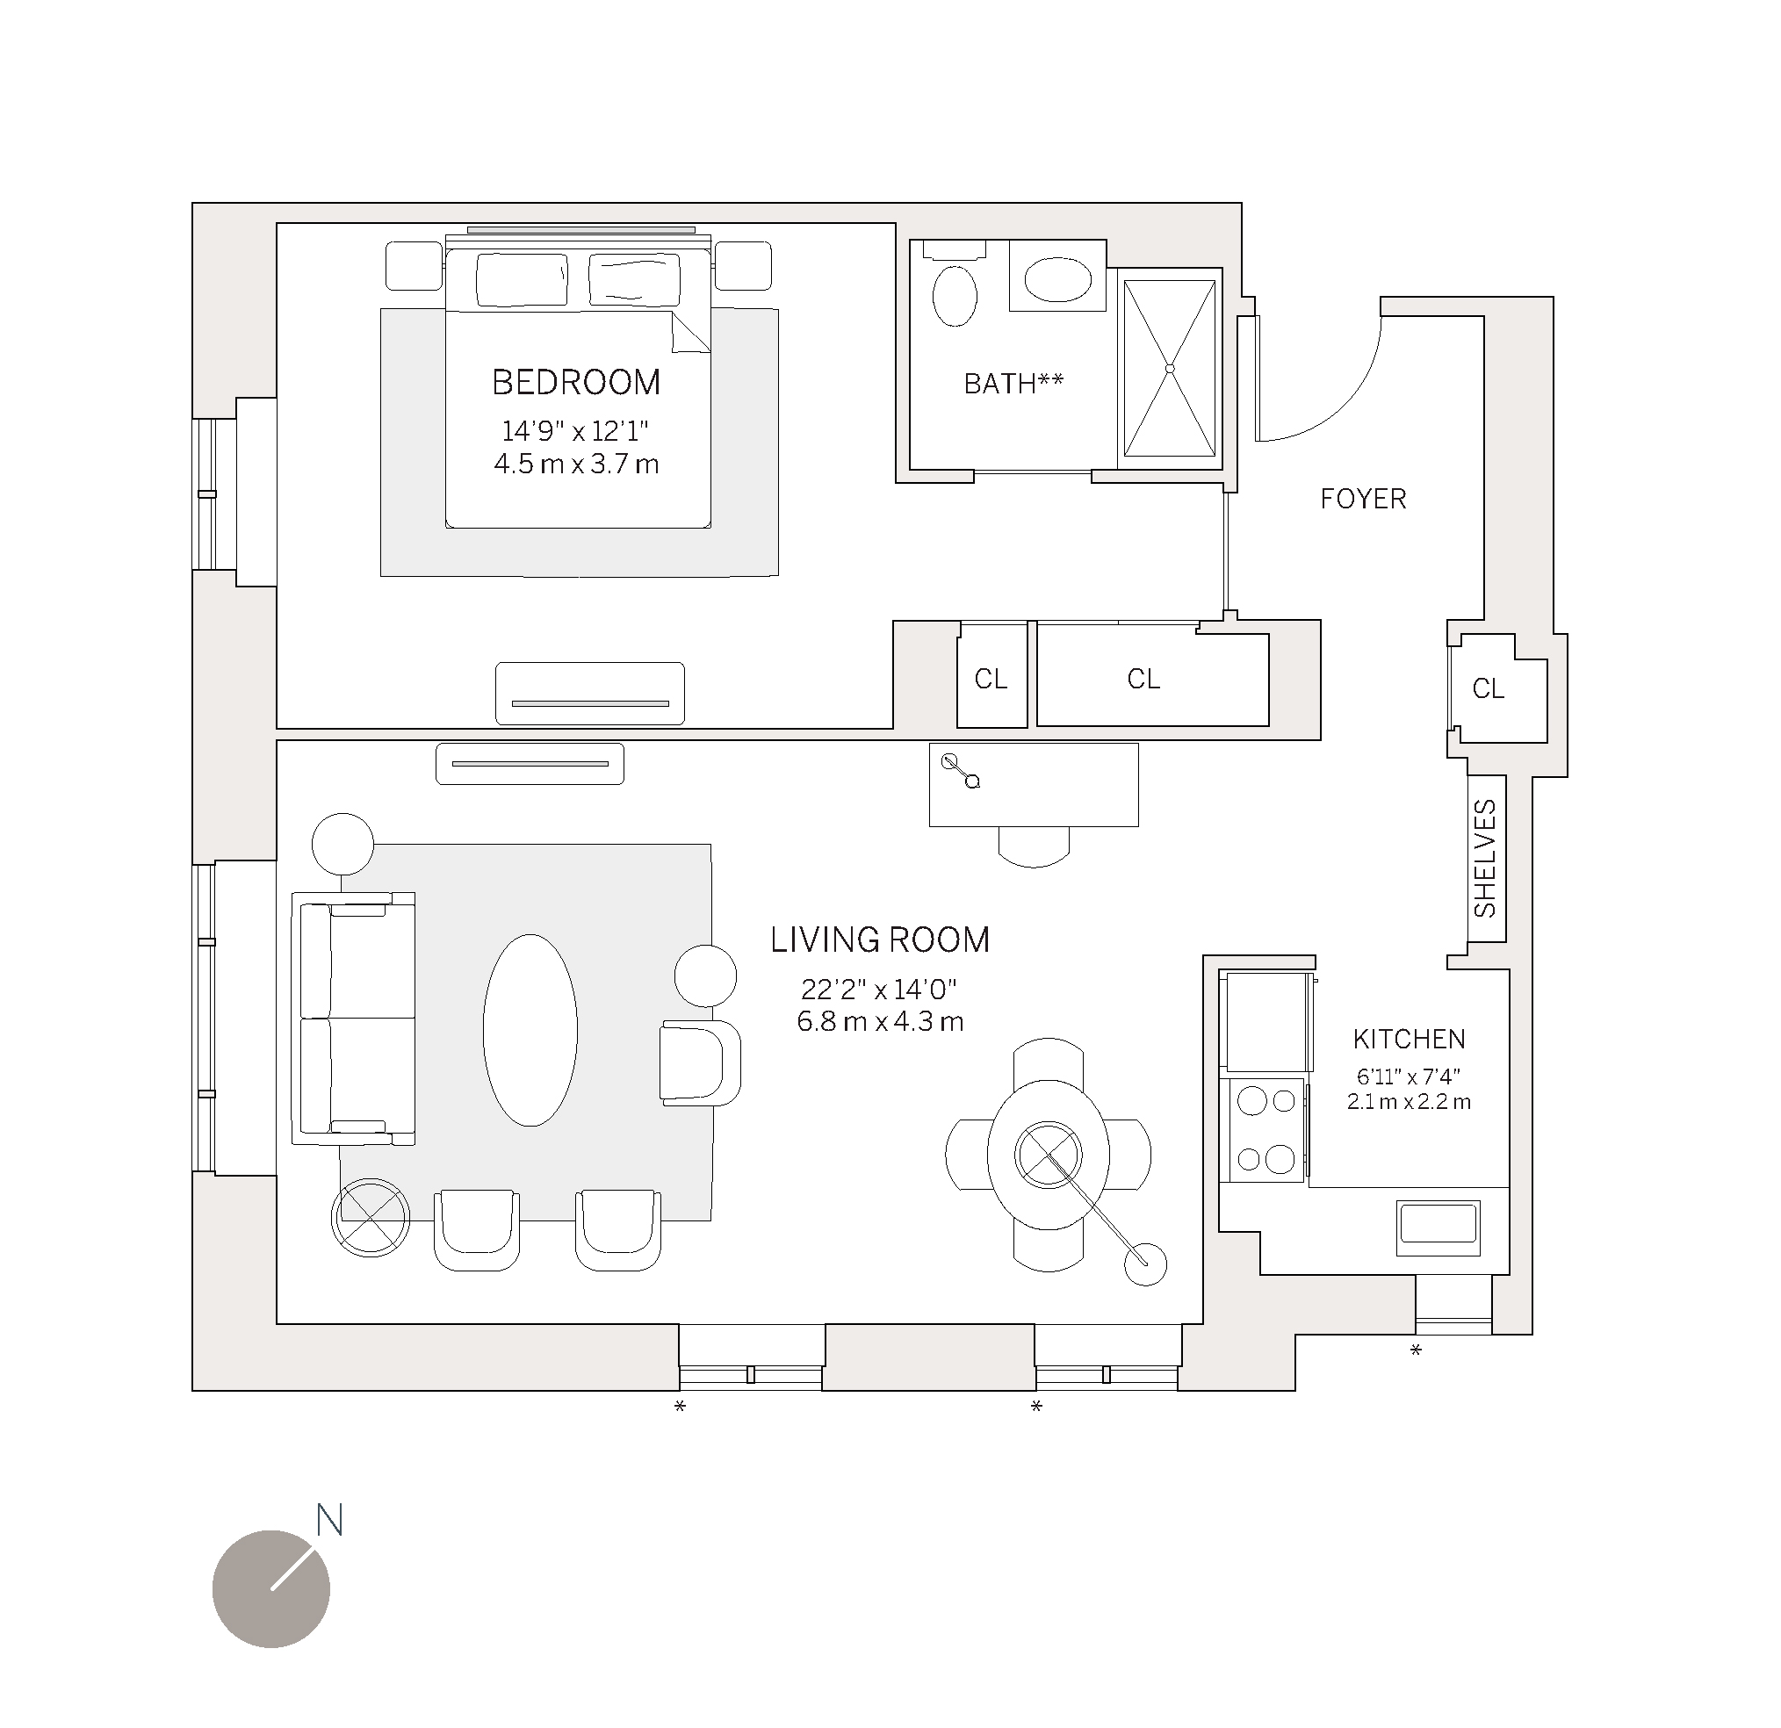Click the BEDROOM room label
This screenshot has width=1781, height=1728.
[576, 383]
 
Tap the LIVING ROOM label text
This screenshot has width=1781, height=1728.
[880, 940]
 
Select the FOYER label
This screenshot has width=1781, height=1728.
[1362, 499]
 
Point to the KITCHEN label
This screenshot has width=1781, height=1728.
[1409, 1039]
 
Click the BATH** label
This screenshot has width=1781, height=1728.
[1013, 385]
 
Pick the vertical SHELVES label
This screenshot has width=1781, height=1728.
[1485, 859]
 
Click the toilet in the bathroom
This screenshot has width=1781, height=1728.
[954, 294]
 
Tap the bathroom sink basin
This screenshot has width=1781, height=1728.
[1057, 280]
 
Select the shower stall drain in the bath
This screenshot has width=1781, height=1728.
[1170, 369]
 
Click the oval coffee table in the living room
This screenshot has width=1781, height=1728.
[530, 1030]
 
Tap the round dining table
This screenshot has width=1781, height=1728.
[1048, 1156]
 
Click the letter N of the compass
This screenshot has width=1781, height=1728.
[329, 1520]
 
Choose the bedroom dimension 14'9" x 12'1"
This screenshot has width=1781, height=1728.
[575, 430]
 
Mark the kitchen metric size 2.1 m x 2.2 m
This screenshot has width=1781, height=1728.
[1409, 1102]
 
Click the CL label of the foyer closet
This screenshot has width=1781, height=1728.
[1489, 689]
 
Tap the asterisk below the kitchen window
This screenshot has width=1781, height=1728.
[1415, 1351]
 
